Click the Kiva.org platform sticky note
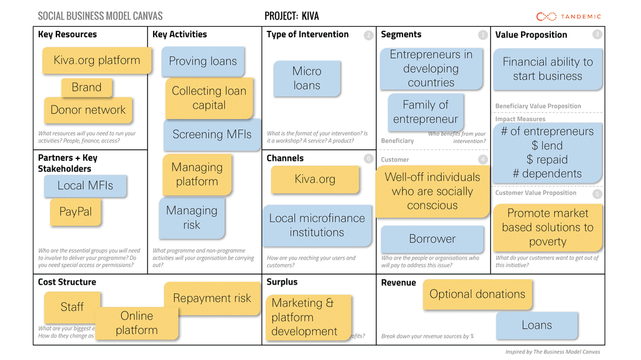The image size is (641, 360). (97, 60)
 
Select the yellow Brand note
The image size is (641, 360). (87, 88)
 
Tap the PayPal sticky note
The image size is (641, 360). (75, 212)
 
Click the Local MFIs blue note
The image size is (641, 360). (85, 186)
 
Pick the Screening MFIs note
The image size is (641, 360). (212, 135)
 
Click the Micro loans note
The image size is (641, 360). (307, 78)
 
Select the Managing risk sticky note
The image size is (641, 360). (192, 218)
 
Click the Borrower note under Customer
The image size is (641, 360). (432, 239)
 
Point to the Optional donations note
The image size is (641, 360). (477, 294)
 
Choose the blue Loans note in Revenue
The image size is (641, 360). (537, 325)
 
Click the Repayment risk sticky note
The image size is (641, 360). (212, 298)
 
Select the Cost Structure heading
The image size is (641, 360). (66, 282)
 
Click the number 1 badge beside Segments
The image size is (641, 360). (483, 35)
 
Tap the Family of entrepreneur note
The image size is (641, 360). (426, 112)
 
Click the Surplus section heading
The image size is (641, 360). (282, 282)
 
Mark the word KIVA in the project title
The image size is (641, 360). (310, 16)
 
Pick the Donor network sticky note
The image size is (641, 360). (88, 110)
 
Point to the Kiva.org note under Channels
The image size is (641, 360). (315, 179)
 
